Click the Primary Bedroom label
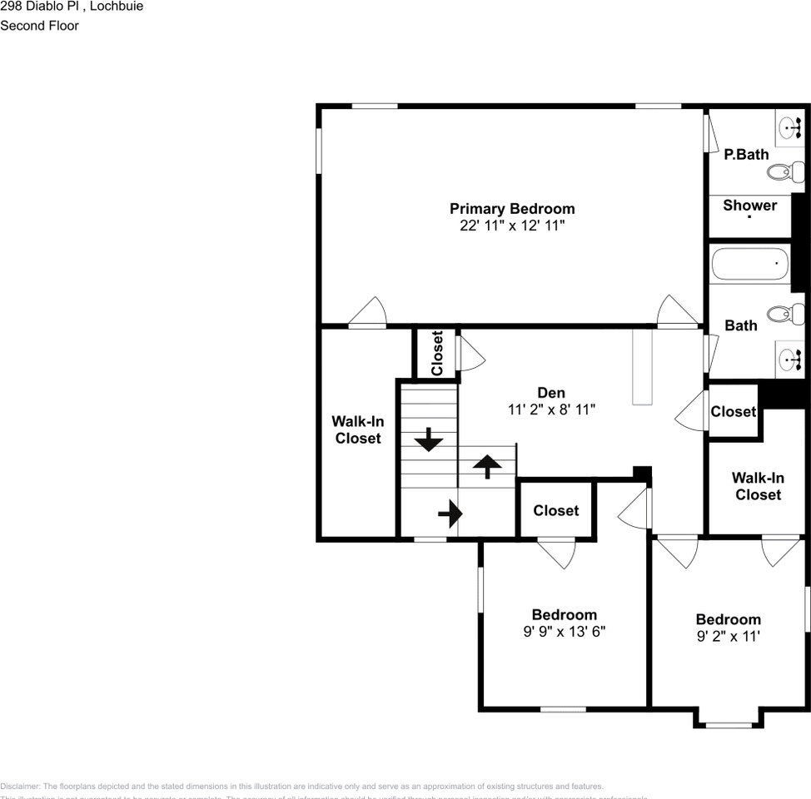pos(512,209)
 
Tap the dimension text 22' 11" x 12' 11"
pos(512,226)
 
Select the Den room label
pos(551,393)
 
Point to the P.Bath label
pos(746,154)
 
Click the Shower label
pos(749,206)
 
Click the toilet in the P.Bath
pos(784,172)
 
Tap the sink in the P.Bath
pos(789,127)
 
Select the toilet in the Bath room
pos(784,314)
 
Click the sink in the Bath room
pos(789,360)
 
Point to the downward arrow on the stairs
pos(429,439)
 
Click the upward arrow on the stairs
pos(487,465)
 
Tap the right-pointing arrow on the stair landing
pos(449,514)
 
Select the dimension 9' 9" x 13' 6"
pos(564,632)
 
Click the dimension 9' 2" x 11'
pos(728,637)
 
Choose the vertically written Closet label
pos(437,353)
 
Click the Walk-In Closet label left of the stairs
pos(358,429)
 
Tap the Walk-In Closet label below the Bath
pos(758,486)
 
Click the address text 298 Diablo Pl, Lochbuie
pos(72,7)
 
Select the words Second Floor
pos(39,26)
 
